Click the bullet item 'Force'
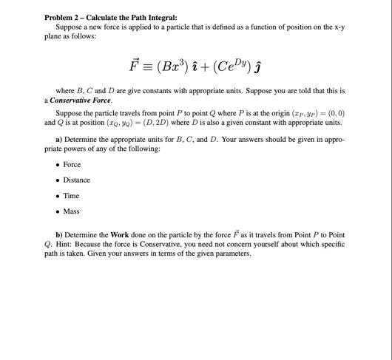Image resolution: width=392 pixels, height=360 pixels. coord(72,164)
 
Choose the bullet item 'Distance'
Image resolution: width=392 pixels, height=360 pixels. coord(76,180)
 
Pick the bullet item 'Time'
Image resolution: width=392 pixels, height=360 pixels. coord(71,196)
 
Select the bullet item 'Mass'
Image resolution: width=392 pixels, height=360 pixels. coord(71,211)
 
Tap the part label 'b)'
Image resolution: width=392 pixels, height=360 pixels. coord(59,235)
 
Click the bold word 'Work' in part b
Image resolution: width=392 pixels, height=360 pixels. coord(119,235)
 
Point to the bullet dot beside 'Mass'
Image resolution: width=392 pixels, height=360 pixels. coord(57,211)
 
